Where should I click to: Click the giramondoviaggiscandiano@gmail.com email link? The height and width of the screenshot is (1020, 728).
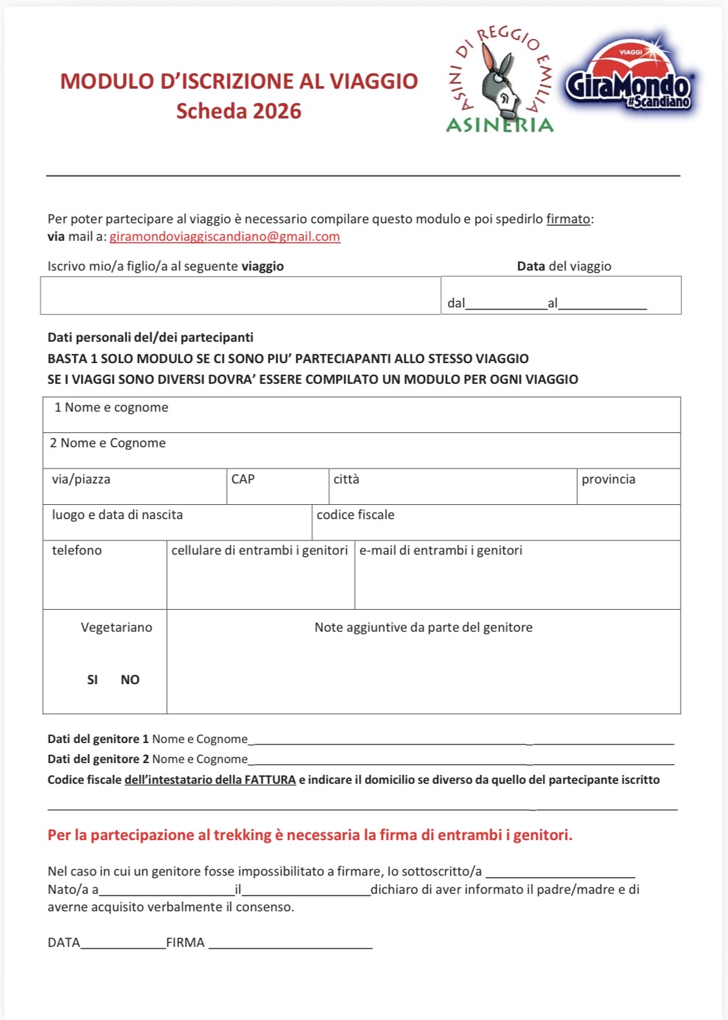coord(225,237)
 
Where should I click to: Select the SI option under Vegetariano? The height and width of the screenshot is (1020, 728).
coord(93,680)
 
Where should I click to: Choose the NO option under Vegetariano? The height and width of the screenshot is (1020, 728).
coord(130,680)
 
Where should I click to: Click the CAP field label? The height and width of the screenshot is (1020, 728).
coord(243,479)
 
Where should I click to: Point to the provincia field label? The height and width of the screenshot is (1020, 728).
coord(608,479)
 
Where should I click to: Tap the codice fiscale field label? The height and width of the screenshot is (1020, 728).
coord(355,515)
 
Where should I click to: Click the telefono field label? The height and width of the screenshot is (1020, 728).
coord(77,550)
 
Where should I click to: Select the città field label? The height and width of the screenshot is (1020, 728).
coord(346,479)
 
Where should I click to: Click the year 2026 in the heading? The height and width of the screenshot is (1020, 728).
coord(277,111)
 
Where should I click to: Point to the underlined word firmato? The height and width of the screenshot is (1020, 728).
coord(568,219)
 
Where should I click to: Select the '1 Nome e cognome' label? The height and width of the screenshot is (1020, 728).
coord(111,407)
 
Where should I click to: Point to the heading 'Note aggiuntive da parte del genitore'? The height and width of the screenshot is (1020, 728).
coord(423,627)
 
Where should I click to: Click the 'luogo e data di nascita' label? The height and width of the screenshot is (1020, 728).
coord(117,515)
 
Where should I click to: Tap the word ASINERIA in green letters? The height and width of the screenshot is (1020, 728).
coord(500,125)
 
